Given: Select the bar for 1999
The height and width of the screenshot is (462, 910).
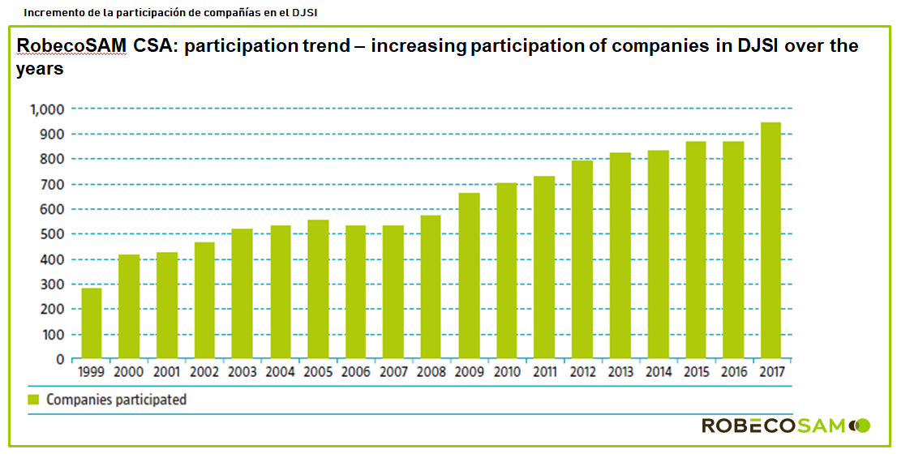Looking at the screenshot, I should (x=92, y=323).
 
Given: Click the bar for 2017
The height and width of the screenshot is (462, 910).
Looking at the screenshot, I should (x=770, y=241).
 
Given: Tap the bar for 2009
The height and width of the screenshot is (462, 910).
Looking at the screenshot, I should (x=469, y=276).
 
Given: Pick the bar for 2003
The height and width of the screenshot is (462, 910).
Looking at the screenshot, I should (x=243, y=293).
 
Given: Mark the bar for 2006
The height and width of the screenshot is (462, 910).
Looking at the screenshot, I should (x=356, y=292).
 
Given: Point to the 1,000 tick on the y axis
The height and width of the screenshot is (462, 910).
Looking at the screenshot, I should (x=46, y=109).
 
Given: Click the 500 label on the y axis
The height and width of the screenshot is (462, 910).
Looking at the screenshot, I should (x=51, y=234).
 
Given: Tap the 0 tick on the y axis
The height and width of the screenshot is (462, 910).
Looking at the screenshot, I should (x=59, y=359).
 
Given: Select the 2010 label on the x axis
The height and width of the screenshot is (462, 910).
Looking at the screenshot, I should (x=507, y=373).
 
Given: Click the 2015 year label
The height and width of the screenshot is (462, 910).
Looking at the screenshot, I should (x=696, y=373).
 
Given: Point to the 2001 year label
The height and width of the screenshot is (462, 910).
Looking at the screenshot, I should (x=167, y=373).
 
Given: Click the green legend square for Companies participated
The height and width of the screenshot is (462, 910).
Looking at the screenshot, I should (x=33, y=400).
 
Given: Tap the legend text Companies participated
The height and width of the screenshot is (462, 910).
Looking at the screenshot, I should (x=116, y=400).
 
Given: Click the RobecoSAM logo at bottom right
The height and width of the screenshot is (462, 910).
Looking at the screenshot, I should (x=785, y=426).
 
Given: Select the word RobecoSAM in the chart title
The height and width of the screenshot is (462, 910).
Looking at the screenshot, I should (x=71, y=46).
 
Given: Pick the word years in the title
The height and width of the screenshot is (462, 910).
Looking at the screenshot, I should (x=40, y=70).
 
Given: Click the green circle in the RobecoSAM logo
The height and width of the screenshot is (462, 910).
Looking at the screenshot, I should (x=863, y=425).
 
